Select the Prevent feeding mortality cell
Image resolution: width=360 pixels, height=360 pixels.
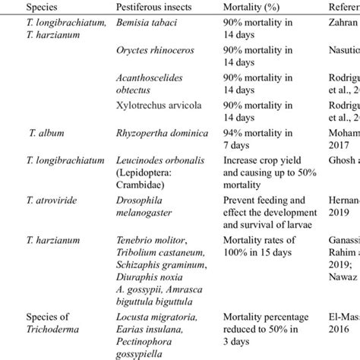click(x=267, y=202)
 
